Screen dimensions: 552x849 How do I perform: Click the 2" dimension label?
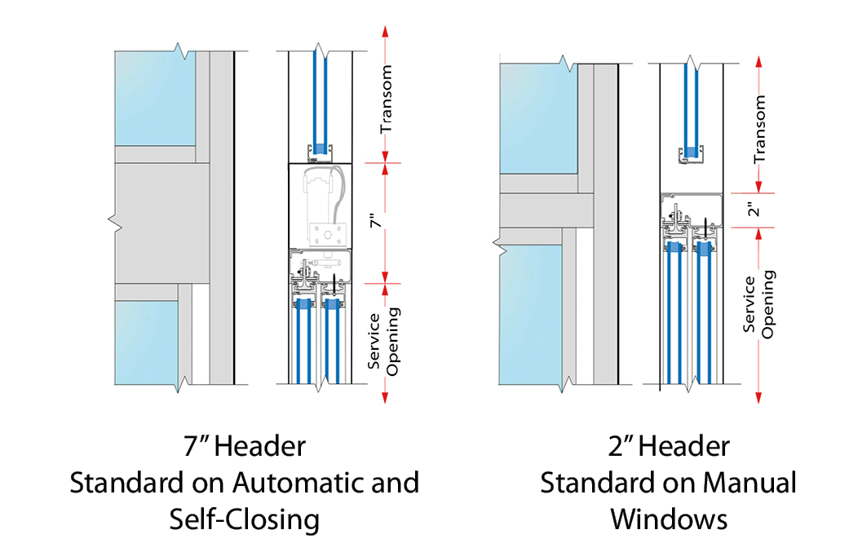click(x=755, y=210)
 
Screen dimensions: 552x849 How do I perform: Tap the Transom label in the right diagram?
click(x=759, y=129)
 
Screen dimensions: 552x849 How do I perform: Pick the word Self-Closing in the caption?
click(x=244, y=519)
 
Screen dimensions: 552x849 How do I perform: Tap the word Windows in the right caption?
click(x=669, y=519)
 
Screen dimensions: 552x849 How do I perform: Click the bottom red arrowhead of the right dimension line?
click(x=759, y=396)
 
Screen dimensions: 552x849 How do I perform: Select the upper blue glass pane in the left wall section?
click(x=154, y=99)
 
